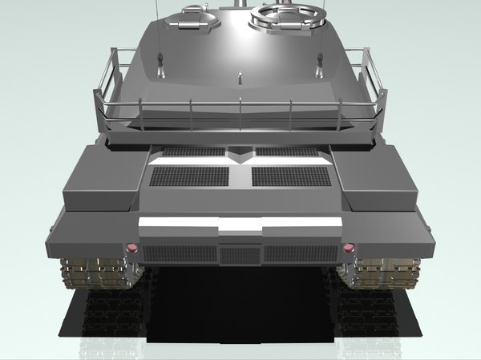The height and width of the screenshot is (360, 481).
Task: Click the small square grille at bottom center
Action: [240, 255]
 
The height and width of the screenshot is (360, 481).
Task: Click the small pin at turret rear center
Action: [240, 78]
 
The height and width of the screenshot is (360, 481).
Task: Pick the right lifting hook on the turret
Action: [321, 60]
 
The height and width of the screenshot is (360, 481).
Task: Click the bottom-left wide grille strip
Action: [178, 254]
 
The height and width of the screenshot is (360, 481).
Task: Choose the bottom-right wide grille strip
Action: [301, 254]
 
